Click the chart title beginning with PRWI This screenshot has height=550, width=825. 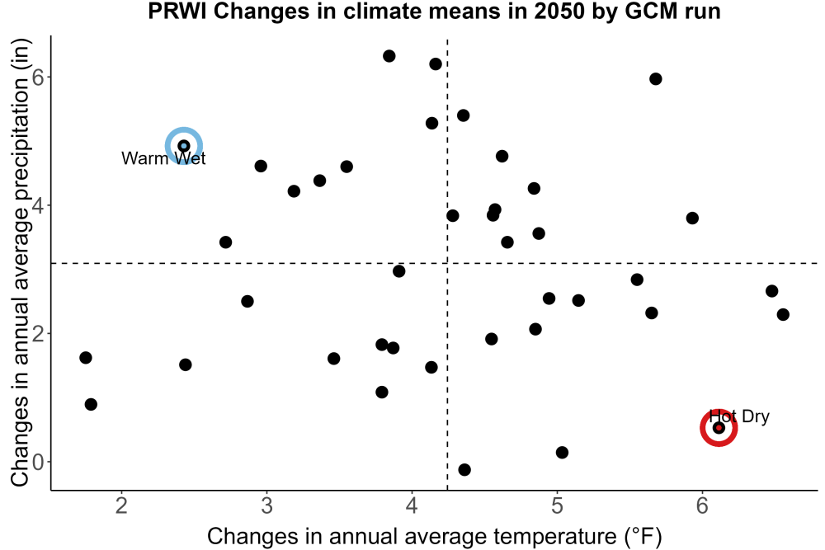click(x=434, y=11)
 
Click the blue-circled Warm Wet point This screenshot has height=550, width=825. click(x=184, y=146)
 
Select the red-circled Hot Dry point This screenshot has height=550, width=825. click(x=719, y=428)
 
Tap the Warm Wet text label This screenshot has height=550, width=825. click(x=163, y=158)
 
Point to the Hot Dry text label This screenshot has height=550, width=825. click(x=739, y=416)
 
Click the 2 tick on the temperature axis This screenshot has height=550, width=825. click(x=122, y=505)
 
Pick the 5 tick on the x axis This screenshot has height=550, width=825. click(x=557, y=505)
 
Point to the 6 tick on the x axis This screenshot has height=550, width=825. click(x=702, y=505)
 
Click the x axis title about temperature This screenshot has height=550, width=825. click(x=434, y=536)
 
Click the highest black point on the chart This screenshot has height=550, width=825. click(x=389, y=56)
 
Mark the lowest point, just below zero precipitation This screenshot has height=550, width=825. click(x=464, y=469)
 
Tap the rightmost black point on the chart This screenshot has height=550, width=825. click(x=783, y=314)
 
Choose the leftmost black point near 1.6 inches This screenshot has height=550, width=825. click(x=86, y=358)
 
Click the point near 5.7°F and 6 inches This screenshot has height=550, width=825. click(x=656, y=79)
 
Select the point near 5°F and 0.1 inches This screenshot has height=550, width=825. click(x=562, y=452)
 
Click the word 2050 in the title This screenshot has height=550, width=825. click(x=559, y=11)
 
